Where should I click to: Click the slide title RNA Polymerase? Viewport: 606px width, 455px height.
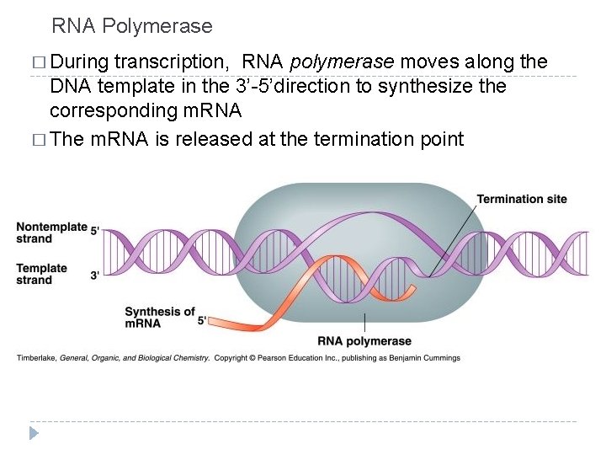(132, 27)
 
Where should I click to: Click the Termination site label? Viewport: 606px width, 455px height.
(522, 200)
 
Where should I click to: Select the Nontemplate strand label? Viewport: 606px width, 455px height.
(52, 233)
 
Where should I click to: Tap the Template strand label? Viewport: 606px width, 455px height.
(42, 274)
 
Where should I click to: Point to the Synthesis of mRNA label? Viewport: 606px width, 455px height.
(160, 317)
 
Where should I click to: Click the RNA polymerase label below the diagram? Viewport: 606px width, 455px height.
(364, 341)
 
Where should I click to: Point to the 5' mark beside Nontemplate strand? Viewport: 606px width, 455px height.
(95, 229)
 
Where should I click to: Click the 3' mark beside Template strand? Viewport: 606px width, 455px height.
(95, 275)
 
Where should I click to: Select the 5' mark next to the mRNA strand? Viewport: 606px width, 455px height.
(202, 321)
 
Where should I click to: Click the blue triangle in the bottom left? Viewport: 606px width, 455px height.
(34, 433)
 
